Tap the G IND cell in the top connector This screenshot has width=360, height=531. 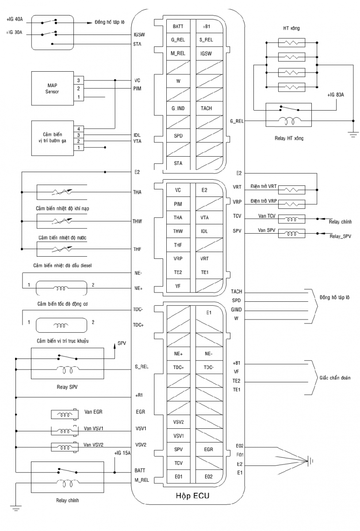178,108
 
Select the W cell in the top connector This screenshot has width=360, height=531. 178,81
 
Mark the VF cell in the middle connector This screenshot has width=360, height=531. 178,286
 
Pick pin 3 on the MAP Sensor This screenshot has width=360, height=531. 78,81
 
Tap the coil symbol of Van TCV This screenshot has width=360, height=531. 291,218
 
